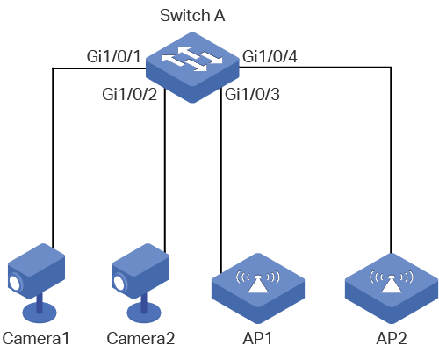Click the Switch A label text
(192, 15)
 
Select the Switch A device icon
(192, 68)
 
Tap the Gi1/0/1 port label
(113, 56)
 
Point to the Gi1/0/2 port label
(129, 94)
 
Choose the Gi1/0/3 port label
(252, 94)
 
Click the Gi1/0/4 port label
(270, 56)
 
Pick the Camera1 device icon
(36, 283)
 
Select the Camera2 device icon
(141, 283)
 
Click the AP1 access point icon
(258, 288)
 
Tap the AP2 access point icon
(392, 288)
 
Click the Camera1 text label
(36, 338)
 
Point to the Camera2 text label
(140, 338)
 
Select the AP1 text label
(257, 338)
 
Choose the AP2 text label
(392, 338)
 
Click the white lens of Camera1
(15, 283)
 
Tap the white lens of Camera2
(119, 283)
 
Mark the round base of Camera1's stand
(40, 313)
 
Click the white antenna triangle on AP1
(258, 284)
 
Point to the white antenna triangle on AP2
(392, 284)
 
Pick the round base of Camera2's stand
(144, 313)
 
